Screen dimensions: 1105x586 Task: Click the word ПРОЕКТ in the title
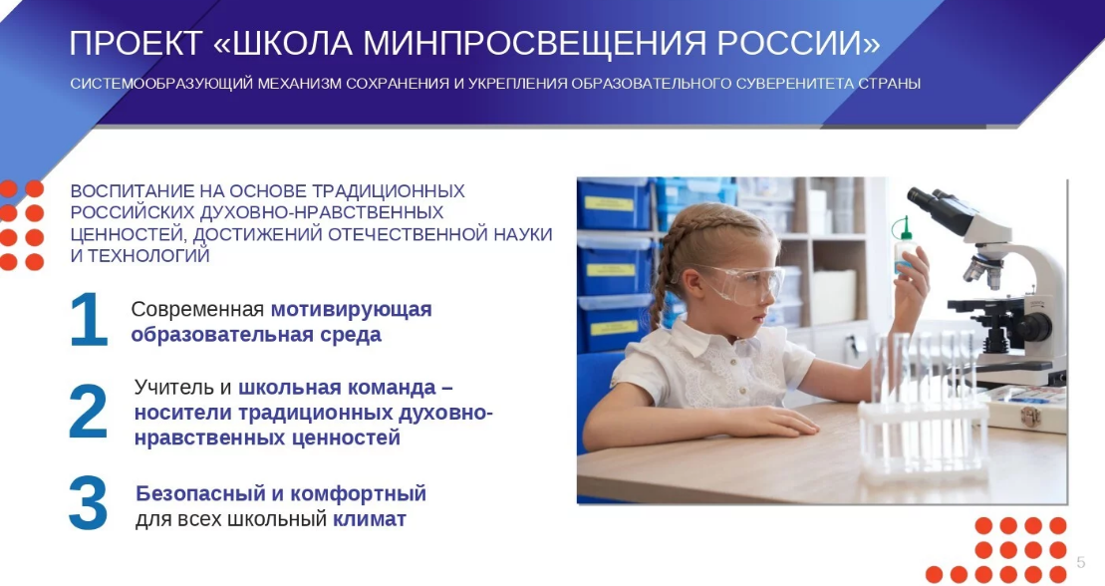[x=137, y=44]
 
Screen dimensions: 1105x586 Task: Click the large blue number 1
[x=88, y=320]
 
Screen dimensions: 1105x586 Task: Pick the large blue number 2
[x=88, y=412]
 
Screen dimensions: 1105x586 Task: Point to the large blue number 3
[x=88, y=503]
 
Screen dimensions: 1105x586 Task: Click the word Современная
[x=197, y=310]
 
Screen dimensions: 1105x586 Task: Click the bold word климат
[x=370, y=519]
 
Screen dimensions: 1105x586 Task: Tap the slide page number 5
[x=1081, y=562]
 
